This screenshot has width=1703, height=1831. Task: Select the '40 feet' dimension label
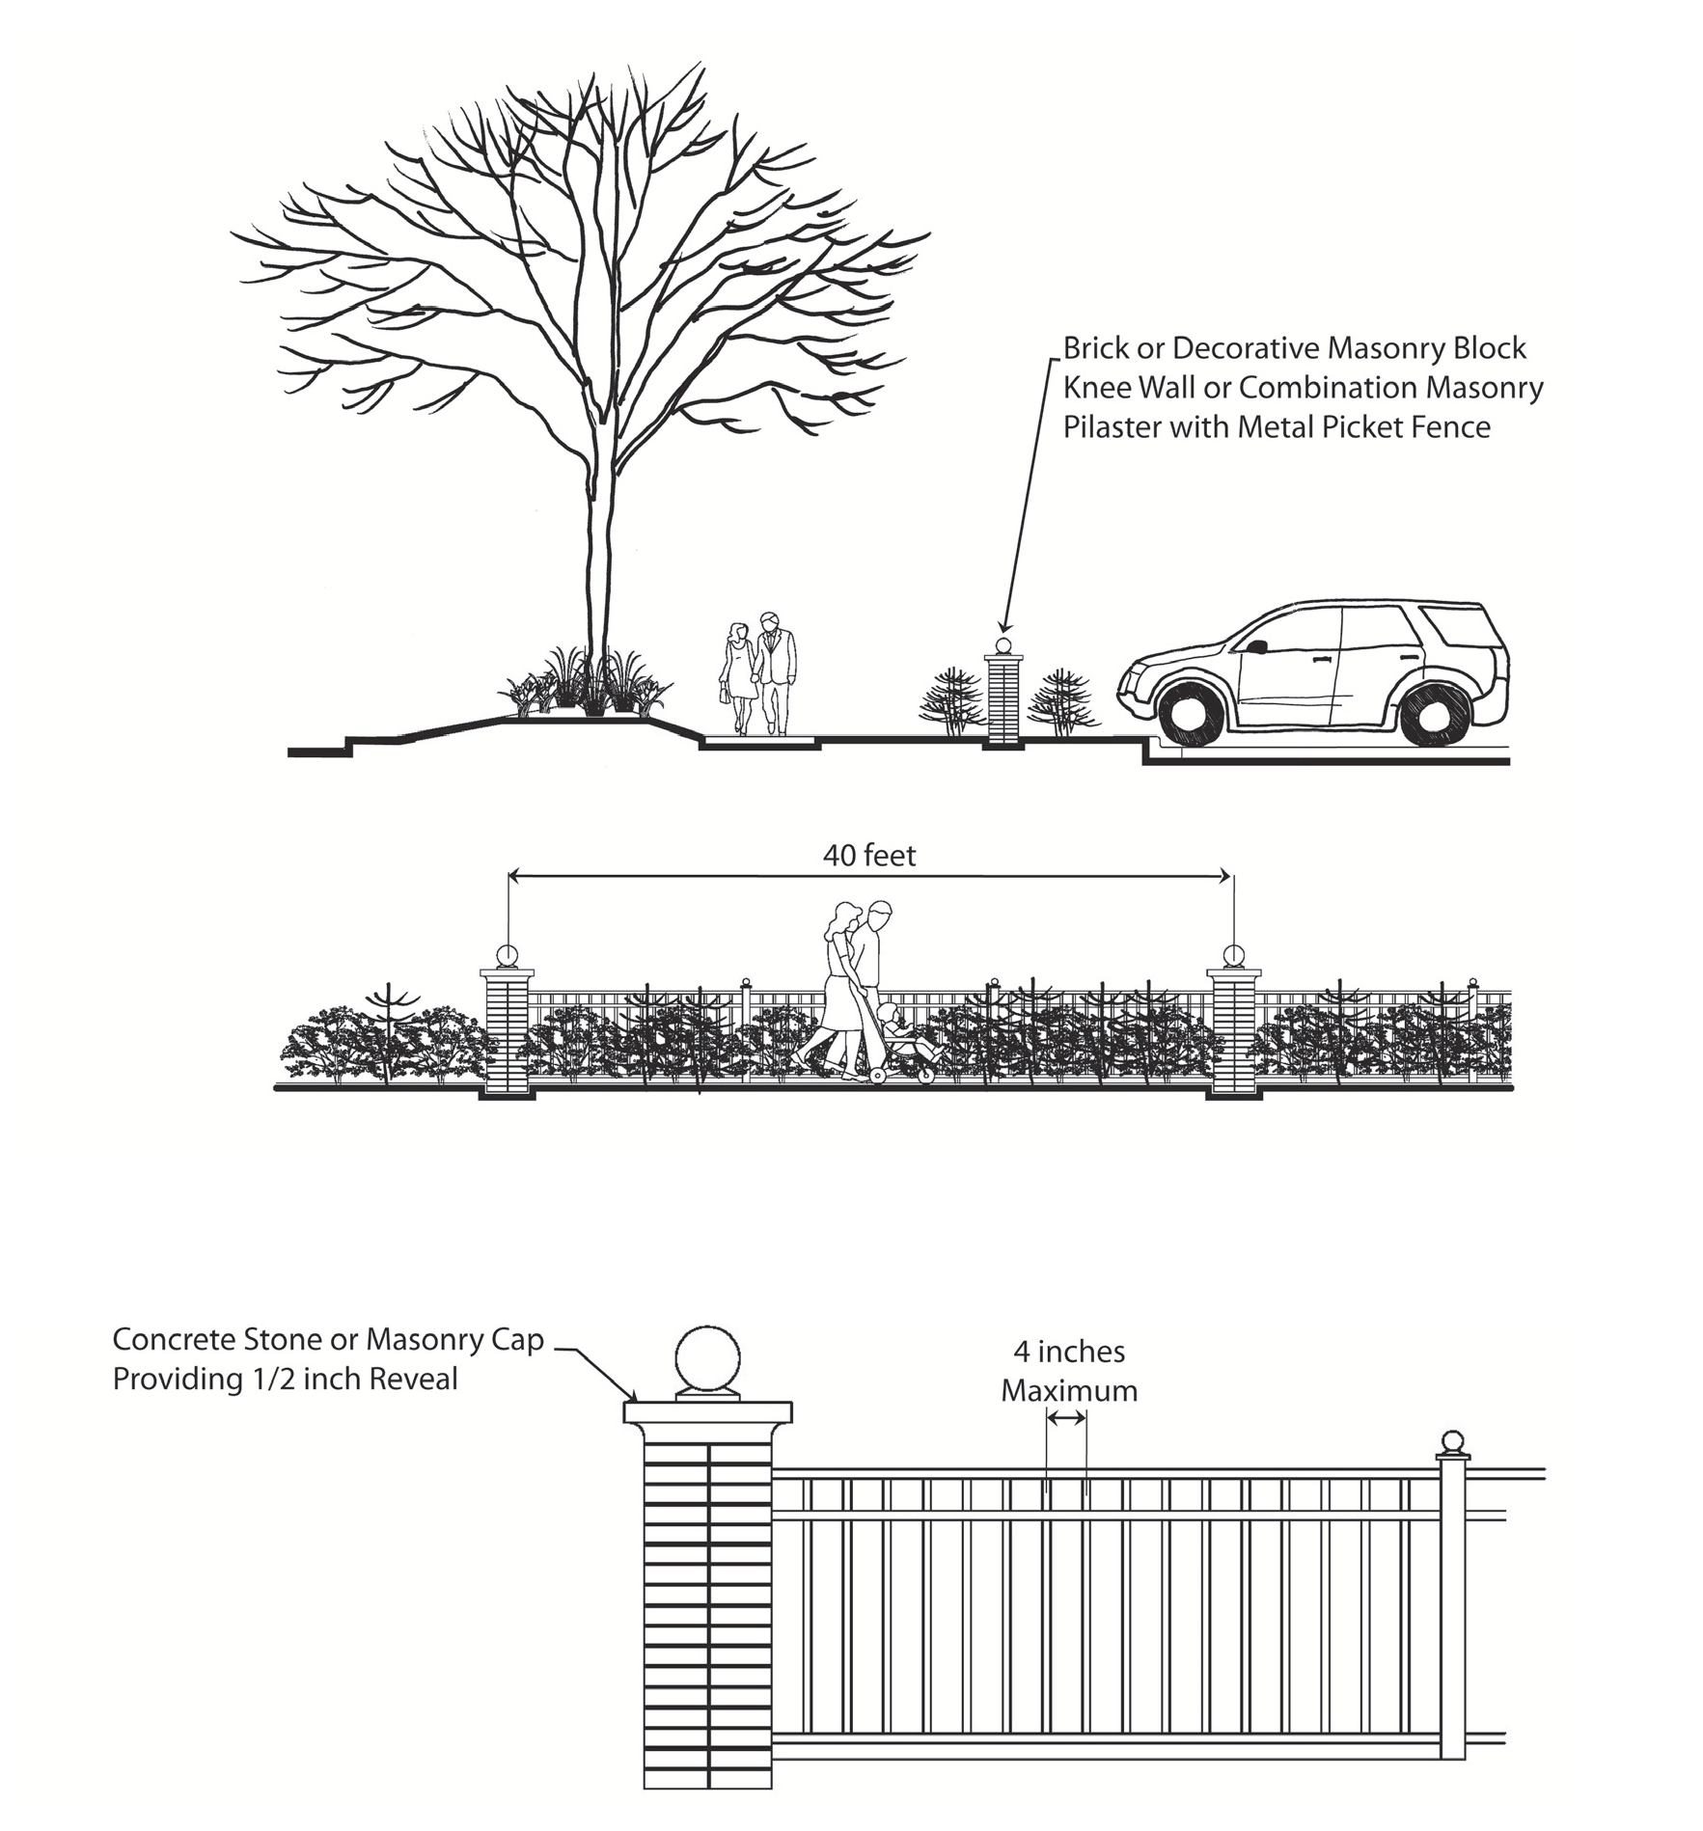point(869,855)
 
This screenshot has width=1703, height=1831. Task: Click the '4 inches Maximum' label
point(1069,1371)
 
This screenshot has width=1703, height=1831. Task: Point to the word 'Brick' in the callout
point(1095,348)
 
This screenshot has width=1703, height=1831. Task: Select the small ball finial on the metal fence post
point(1451,1442)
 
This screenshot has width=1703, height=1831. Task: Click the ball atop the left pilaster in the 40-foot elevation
point(507,956)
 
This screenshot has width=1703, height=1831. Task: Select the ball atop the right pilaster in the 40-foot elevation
point(1233,956)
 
